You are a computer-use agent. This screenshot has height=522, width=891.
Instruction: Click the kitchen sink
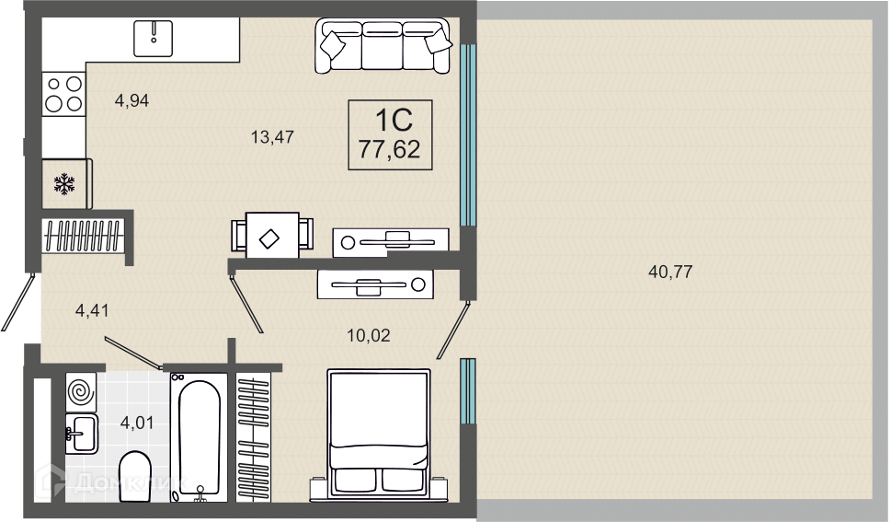click(x=153, y=38)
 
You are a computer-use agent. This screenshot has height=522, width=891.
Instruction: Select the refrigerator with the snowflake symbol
click(x=66, y=184)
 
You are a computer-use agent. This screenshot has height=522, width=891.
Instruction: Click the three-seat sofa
click(x=383, y=45)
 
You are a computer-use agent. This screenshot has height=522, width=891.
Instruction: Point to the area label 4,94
click(x=131, y=100)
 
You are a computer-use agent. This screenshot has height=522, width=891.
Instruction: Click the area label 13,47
click(x=272, y=136)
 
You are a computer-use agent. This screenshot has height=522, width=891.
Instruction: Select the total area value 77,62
click(x=389, y=149)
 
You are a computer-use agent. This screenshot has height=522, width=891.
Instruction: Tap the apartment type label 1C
click(x=394, y=120)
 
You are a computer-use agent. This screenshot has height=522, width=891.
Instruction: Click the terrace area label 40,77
click(x=670, y=272)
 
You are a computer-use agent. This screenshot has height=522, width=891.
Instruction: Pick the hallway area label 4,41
click(x=92, y=310)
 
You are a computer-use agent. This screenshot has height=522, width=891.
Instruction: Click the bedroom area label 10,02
click(x=369, y=335)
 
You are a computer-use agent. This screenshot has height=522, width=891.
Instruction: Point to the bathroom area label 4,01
click(x=137, y=423)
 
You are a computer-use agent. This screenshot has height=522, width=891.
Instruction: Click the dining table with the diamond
click(x=272, y=235)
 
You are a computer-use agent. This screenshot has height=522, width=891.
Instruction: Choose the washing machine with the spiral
click(x=81, y=391)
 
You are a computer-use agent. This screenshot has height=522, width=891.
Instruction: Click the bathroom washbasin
click(x=81, y=434)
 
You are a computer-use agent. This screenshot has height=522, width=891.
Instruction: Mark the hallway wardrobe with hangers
click(x=83, y=236)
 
